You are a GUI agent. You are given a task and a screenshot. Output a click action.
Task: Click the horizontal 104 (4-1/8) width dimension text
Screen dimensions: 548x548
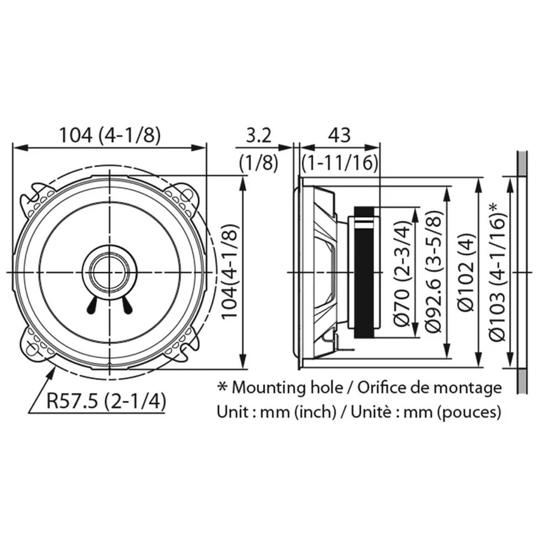[110, 136]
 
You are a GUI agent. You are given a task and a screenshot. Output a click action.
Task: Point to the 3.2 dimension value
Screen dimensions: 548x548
[259, 136]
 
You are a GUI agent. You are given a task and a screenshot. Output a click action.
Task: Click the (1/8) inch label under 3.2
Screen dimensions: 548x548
[259, 162]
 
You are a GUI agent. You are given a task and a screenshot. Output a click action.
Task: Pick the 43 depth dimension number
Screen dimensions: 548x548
[339, 136]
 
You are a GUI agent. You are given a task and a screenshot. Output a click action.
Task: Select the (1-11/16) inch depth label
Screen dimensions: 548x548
[340, 162]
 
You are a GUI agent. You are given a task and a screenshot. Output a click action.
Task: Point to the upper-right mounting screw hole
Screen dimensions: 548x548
[188, 195]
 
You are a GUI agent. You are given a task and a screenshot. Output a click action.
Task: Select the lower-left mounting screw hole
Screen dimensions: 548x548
[32, 348]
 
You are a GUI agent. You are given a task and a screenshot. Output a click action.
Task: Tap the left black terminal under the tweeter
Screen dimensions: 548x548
[93, 306]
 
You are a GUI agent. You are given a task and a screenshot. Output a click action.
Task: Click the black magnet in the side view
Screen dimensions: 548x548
[364, 272]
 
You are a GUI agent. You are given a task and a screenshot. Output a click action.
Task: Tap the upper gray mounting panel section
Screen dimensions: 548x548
[522, 164]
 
